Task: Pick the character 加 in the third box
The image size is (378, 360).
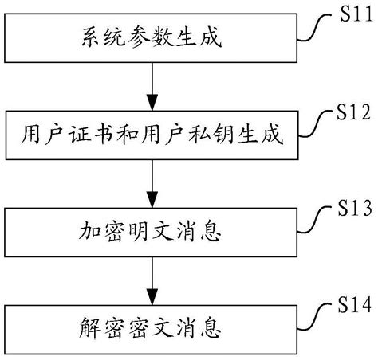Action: [x=91, y=233]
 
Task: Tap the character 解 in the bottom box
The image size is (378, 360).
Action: [x=91, y=327]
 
